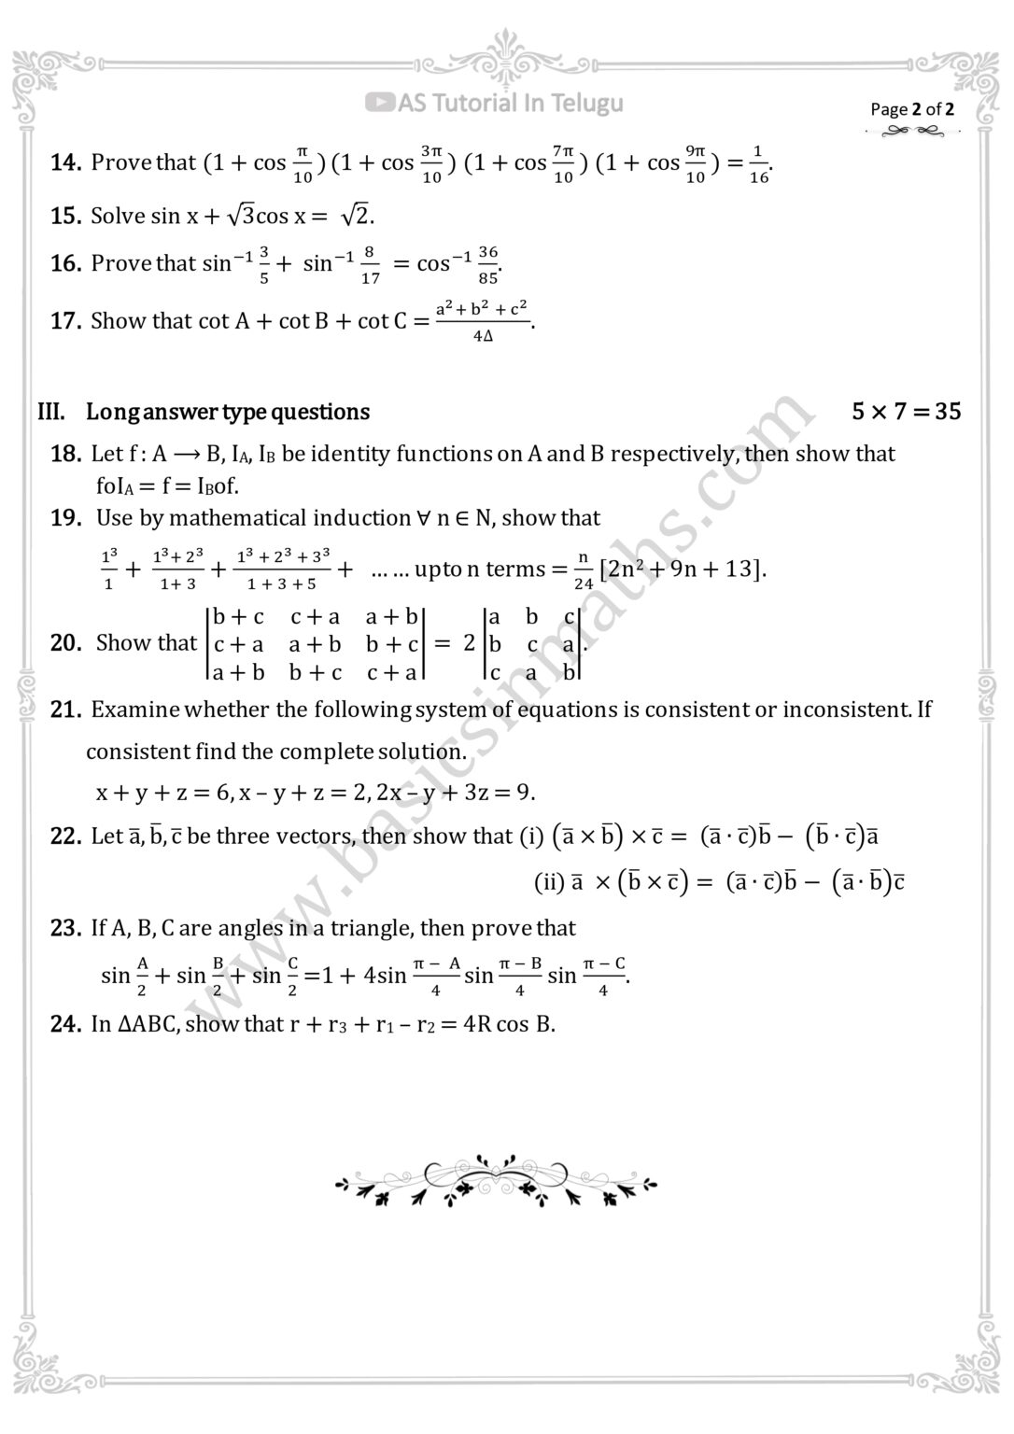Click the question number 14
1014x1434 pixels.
click(65, 162)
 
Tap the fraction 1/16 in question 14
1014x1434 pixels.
click(758, 163)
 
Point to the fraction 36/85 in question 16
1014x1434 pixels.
click(488, 264)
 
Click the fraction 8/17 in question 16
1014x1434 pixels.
click(370, 264)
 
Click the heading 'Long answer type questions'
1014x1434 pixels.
click(227, 412)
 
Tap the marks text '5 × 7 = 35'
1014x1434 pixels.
click(906, 412)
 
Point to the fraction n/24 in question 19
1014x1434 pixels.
click(584, 569)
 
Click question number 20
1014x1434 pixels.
click(65, 643)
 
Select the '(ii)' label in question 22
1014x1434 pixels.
click(549, 881)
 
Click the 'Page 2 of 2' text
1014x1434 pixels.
click(912, 109)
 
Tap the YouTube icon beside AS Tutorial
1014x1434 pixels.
click(379, 103)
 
